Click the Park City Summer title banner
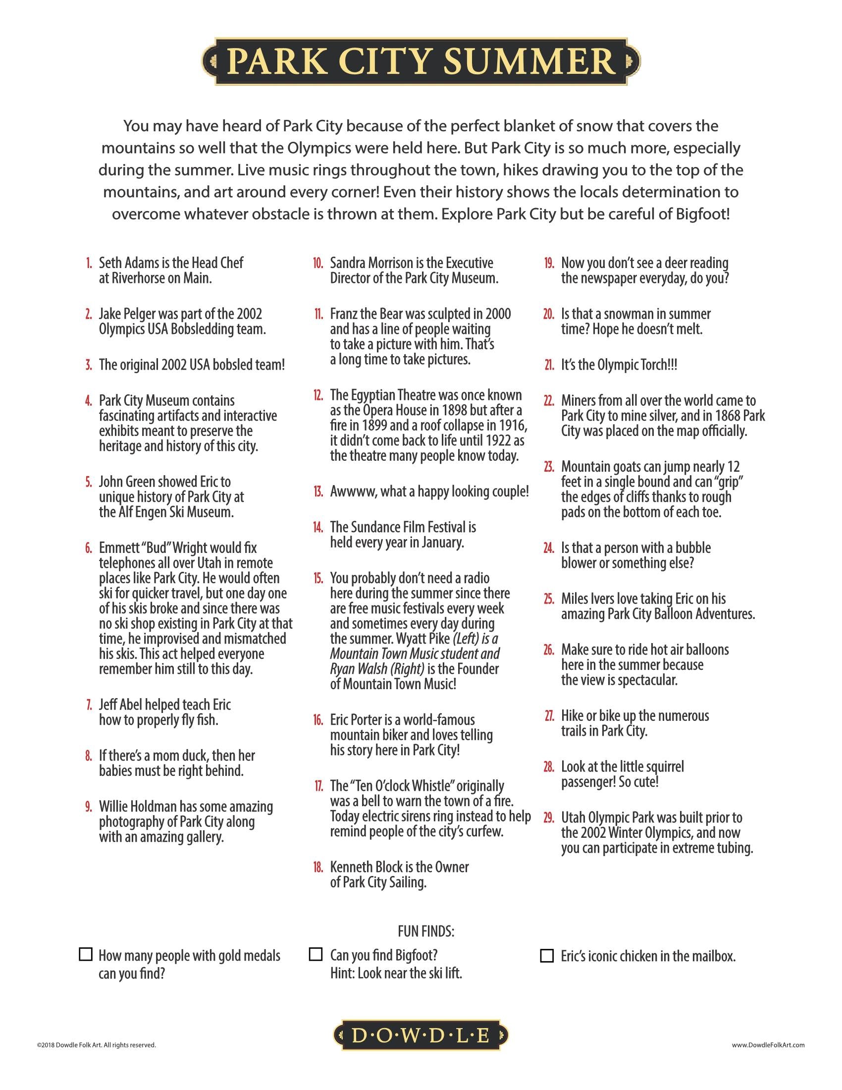tap(421, 61)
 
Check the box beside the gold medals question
tap(86, 954)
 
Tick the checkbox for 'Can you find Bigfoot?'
tap(316, 954)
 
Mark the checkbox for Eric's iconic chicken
tap(547, 956)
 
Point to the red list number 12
tap(318, 395)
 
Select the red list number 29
tap(549, 817)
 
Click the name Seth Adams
tap(128, 263)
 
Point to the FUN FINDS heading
tap(425, 931)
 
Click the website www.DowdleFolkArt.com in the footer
tap(768, 1044)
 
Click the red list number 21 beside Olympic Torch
tap(549, 365)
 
